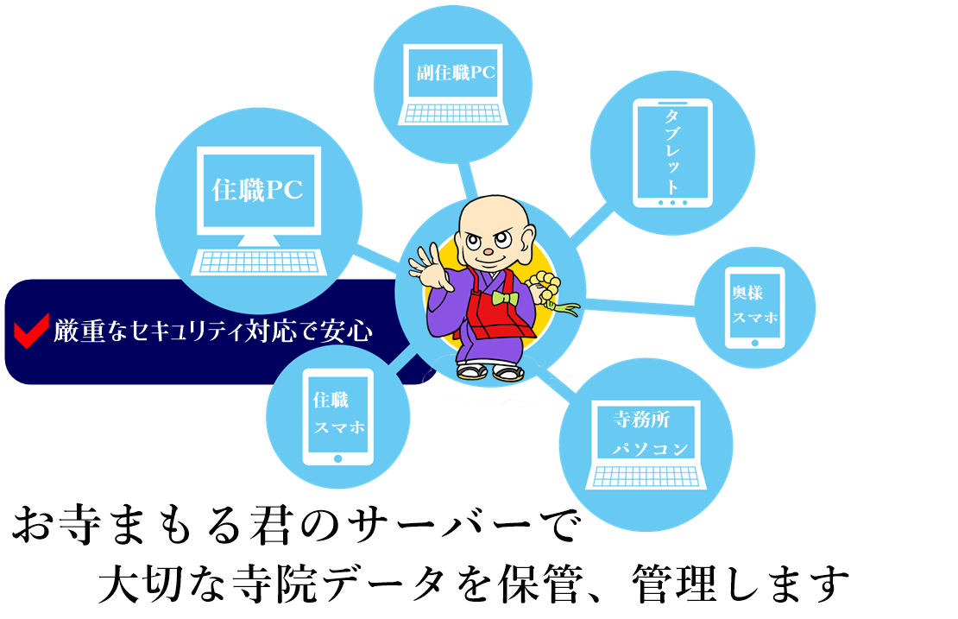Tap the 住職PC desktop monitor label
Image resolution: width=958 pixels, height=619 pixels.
click(x=258, y=190)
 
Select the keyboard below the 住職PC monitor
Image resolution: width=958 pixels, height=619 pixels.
click(x=259, y=260)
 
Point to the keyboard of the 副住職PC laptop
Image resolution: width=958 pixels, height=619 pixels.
click(x=452, y=113)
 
